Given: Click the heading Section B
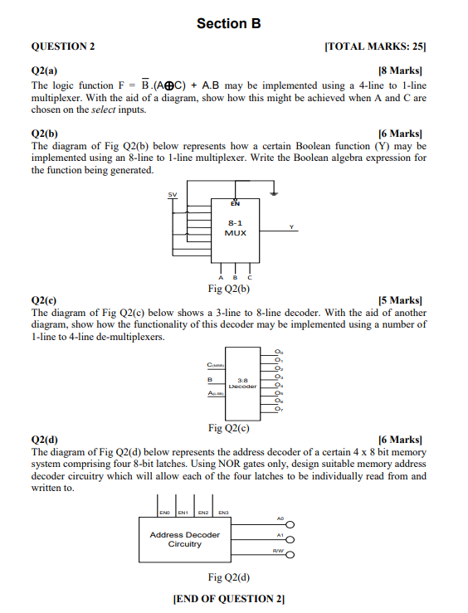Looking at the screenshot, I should point(228,24).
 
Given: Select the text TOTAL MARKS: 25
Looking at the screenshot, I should point(377,46).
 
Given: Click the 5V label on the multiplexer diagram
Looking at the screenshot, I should point(173,195).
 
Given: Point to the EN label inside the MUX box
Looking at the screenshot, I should point(234,203).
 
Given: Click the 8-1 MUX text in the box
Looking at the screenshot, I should point(235,228).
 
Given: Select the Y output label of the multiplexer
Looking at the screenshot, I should point(291,226).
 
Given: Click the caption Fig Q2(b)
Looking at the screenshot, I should point(229,289).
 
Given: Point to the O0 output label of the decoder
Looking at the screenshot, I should point(280,353).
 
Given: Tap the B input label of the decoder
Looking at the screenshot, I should point(210,381).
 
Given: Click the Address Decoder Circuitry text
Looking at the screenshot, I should point(185,539).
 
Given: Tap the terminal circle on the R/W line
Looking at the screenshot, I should point(291,556).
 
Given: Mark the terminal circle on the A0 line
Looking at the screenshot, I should point(291,523).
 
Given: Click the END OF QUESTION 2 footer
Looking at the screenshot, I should point(228,599).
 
